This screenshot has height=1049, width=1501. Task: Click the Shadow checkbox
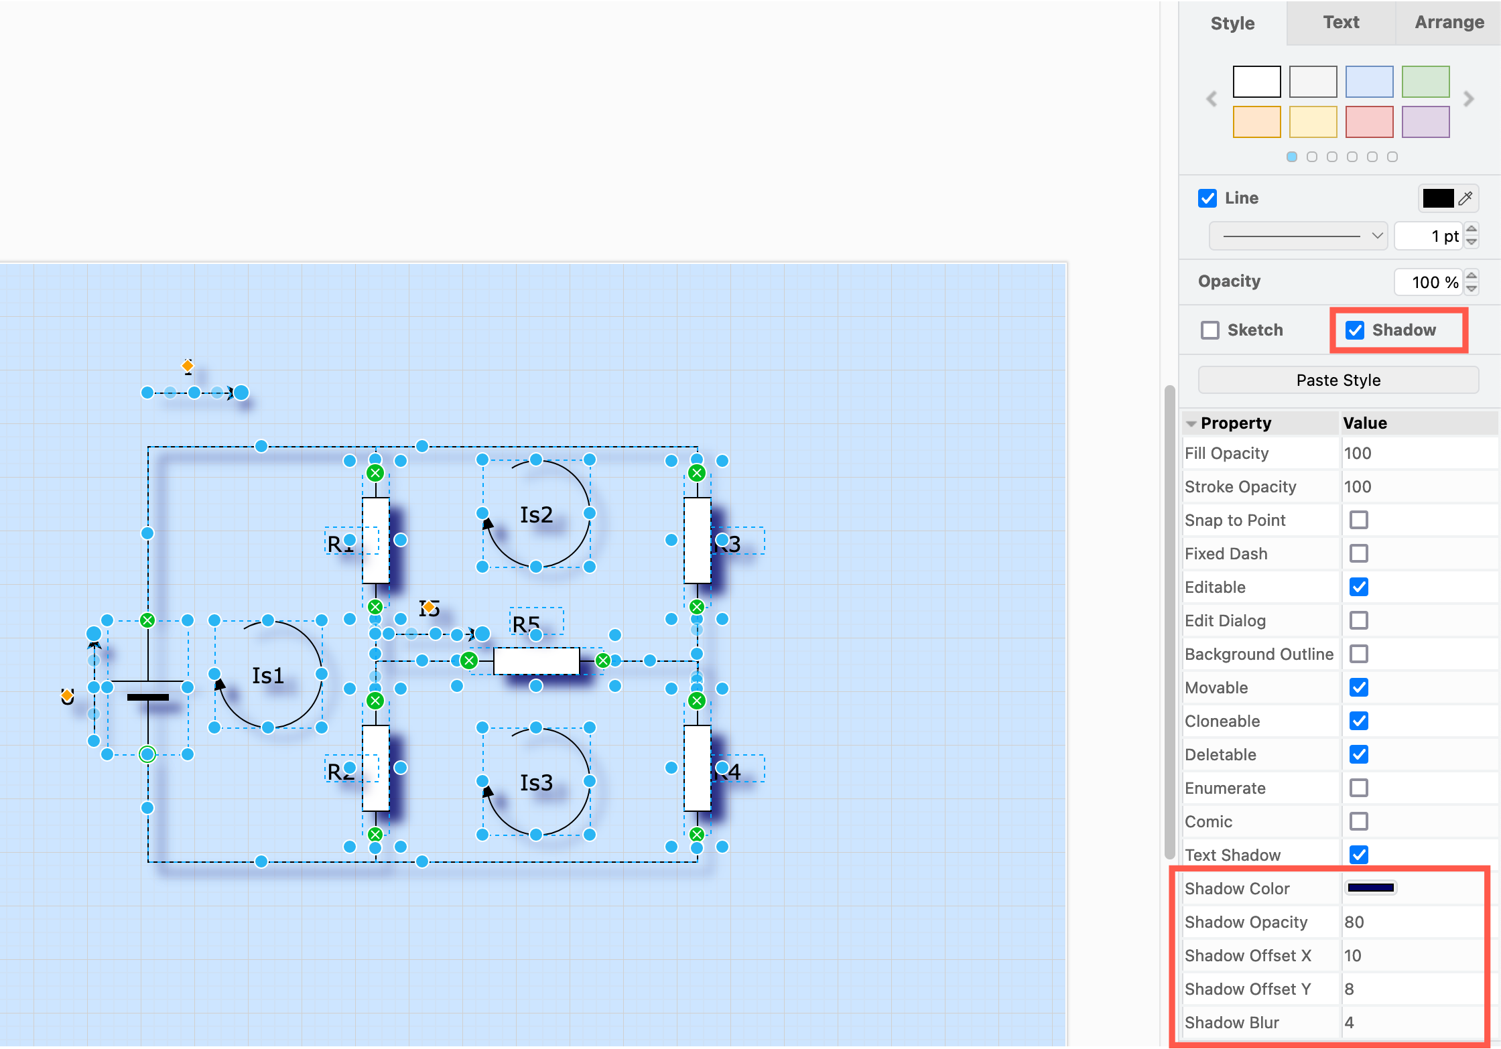tap(1355, 330)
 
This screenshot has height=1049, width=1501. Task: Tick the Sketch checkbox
tap(1210, 330)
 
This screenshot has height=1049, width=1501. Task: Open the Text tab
tap(1341, 23)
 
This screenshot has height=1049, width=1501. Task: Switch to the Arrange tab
tap(1449, 23)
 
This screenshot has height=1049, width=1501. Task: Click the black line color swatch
tap(1437, 198)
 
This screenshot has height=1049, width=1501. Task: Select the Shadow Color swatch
tap(1370, 888)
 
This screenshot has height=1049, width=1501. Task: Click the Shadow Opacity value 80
tap(1354, 922)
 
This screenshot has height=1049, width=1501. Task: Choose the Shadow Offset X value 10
tap(1353, 956)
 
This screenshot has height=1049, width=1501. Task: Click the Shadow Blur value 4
tap(1350, 1023)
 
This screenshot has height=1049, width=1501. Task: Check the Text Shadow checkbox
tap(1359, 855)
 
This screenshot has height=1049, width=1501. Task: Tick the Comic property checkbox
tap(1359, 821)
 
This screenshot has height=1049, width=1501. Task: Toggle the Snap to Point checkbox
tap(1359, 520)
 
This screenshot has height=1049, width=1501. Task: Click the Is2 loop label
tap(536, 514)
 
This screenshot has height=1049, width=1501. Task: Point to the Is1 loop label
tap(268, 675)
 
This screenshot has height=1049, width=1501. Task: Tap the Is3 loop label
tap(536, 782)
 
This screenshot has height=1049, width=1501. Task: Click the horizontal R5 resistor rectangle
tap(536, 661)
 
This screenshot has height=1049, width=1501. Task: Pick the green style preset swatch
tap(1425, 82)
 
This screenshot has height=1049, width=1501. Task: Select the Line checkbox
tap(1208, 198)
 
